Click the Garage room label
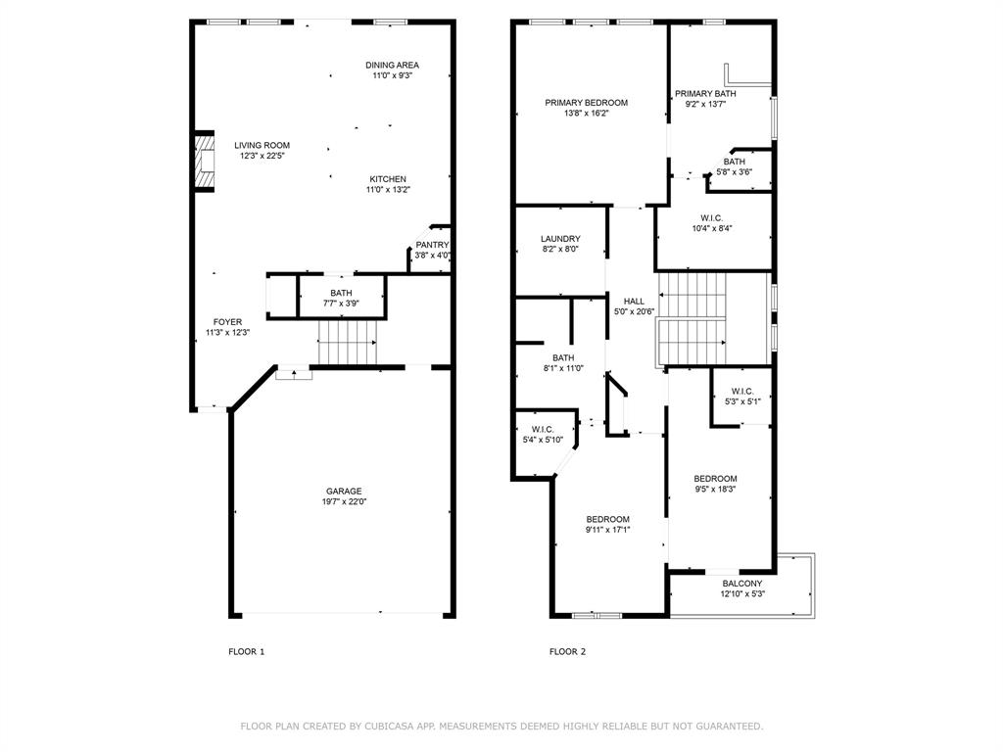coord(344,492)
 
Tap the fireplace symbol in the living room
coord(204,162)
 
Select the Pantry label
coord(432,245)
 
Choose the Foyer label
coord(227,322)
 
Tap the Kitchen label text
coord(388,179)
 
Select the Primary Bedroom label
coord(586,103)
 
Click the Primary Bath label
coord(705,94)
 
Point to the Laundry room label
coord(560,239)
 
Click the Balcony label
coord(741,584)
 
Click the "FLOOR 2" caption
coord(567,651)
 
